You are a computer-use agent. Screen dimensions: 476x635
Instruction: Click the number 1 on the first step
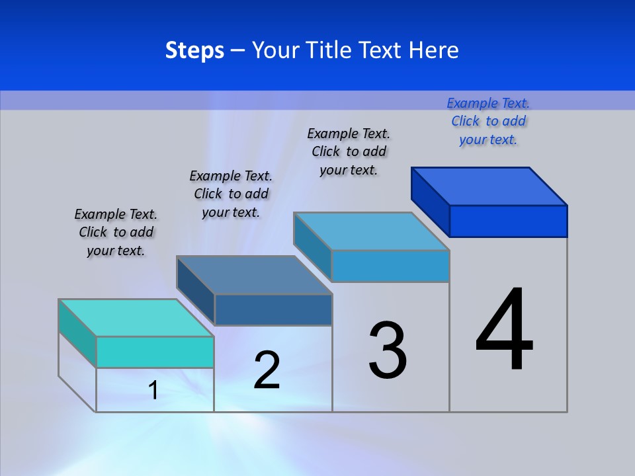tap(153, 390)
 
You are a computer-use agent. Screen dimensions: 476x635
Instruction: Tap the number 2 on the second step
tap(267, 370)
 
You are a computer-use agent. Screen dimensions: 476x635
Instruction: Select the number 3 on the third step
tap(388, 350)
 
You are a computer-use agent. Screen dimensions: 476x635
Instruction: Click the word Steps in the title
tap(194, 50)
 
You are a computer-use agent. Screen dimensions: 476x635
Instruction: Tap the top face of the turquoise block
tap(136, 318)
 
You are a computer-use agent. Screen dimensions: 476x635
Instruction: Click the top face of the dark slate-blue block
tap(254, 275)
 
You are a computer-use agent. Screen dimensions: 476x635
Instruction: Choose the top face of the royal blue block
tap(489, 186)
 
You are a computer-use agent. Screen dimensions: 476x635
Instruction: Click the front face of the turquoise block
tap(155, 352)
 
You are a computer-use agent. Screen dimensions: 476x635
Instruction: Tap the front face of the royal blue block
tap(508, 221)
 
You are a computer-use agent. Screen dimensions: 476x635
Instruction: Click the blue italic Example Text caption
tap(488, 121)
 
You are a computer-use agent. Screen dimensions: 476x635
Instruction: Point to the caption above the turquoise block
tap(116, 232)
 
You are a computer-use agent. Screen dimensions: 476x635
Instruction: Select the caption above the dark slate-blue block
tap(231, 194)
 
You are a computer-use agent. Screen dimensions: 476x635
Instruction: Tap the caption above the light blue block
tap(349, 151)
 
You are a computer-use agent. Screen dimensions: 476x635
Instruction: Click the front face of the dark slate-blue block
tap(273, 309)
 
